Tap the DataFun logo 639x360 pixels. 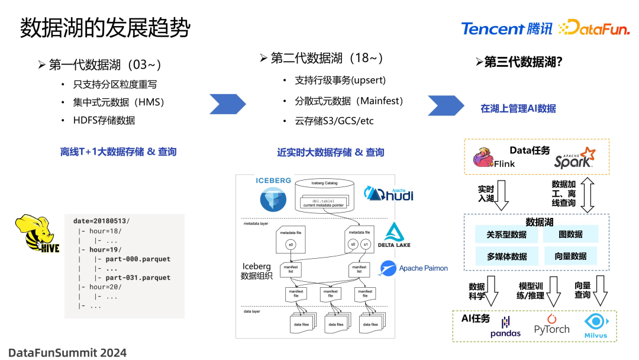(593, 28)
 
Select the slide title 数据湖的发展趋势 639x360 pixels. (105, 28)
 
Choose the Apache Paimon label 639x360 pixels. (414, 268)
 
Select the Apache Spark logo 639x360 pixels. (575, 157)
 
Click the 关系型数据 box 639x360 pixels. (506, 234)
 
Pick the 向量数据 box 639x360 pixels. (570, 256)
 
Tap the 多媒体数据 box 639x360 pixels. (506, 256)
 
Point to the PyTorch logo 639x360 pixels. (551, 325)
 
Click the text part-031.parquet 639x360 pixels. (138, 277)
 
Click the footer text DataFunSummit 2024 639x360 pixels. (67, 352)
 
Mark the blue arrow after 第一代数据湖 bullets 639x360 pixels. (228, 105)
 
